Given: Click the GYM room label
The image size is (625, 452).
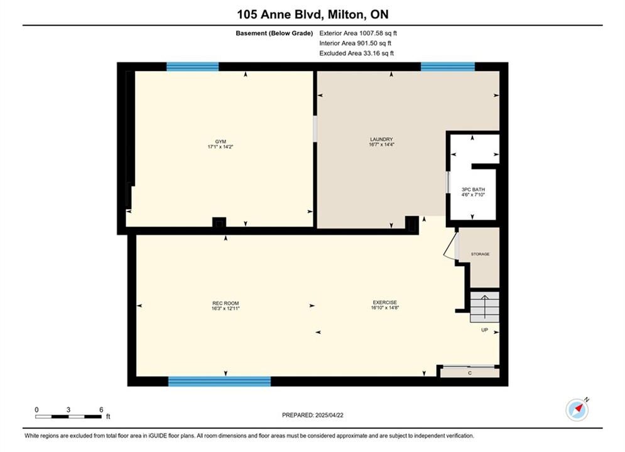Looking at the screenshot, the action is pos(220,141).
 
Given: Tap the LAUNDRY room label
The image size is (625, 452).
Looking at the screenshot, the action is pos(381,139).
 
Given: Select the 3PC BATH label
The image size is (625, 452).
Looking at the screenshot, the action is pos(473,190).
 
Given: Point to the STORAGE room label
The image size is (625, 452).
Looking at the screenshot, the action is pos(480,254).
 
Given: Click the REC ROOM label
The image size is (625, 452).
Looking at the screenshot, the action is pos(226,303).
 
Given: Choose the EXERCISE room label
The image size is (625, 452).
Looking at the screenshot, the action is pos(384,302).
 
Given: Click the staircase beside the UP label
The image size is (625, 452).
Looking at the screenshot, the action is pos(485,306).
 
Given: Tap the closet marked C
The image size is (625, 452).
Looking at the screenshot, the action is pos(470,372).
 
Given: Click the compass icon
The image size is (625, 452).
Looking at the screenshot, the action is pos(577,409).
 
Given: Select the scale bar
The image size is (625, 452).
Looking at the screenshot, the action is pos(68,417).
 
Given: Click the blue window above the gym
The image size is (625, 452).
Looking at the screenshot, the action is pos(192,67).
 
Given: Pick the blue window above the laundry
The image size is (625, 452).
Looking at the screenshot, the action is pos(448,67).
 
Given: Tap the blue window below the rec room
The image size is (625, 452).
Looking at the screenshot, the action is pos(220,382).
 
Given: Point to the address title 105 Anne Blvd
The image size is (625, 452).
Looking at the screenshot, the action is pos(280,14).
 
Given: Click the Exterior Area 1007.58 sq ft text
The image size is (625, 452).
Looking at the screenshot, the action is pos(358,33).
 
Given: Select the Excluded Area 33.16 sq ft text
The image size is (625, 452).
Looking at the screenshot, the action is pos(356,53).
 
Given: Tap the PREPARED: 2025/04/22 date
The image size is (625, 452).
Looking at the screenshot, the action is pos(313,415).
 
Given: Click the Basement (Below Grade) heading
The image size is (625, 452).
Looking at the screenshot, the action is pos(274,33).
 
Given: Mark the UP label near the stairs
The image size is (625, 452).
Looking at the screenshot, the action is pos(485,330).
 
